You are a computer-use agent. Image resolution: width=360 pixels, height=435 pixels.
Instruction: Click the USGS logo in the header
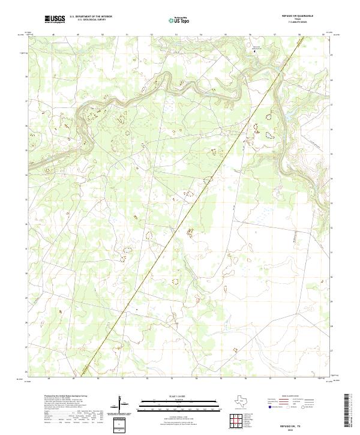(55, 19)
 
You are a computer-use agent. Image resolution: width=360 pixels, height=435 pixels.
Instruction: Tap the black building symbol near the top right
(257, 52)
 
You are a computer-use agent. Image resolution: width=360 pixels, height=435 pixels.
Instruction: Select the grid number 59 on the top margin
(323, 34)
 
